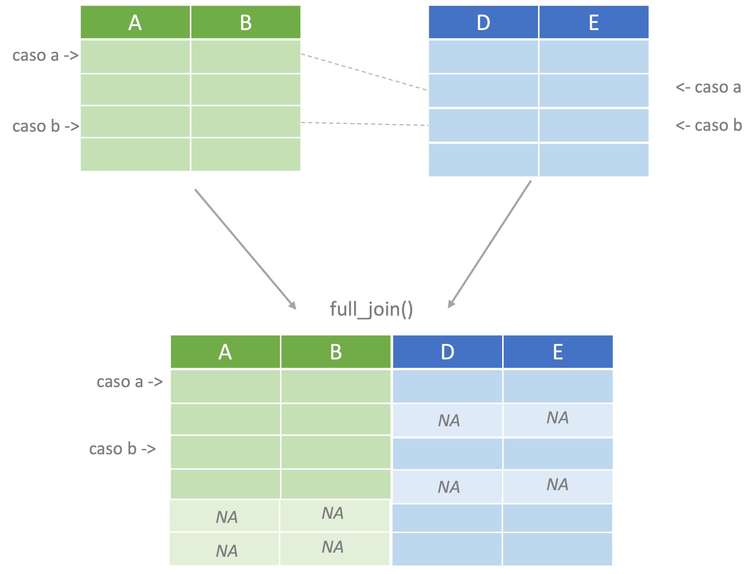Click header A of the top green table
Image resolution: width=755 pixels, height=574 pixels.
[135, 22]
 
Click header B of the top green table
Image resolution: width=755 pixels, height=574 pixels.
[246, 22]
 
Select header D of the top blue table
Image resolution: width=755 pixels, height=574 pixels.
[483, 22]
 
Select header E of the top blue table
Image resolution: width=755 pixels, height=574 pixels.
[594, 22]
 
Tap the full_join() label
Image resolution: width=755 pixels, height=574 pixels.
[371, 309]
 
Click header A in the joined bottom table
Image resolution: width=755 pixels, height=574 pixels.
[225, 352]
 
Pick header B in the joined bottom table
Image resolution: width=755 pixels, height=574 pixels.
[336, 352]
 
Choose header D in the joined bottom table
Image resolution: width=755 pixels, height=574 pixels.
[447, 352]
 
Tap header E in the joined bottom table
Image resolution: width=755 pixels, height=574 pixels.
[558, 352]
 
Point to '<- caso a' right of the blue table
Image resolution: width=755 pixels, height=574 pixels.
[709, 88]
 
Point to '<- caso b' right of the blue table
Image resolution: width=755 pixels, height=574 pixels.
[709, 125]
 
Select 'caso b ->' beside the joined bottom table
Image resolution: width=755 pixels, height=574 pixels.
[122, 449]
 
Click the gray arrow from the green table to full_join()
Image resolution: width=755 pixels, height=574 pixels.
[245, 249]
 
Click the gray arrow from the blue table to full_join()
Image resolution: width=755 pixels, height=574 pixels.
[490, 244]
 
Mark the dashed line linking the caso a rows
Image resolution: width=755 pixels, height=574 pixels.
[364, 72]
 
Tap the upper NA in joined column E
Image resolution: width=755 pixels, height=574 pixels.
[558, 418]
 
